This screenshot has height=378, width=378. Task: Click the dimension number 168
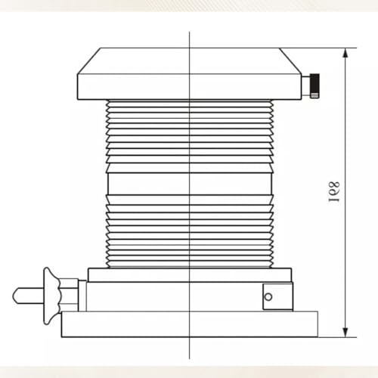click(x=335, y=191)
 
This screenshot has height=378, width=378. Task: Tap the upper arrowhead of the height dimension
click(x=345, y=54)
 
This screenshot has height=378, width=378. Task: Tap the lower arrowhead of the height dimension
click(x=345, y=331)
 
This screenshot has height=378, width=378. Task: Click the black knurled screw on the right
click(x=314, y=85)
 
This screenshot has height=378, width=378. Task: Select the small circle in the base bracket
click(x=268, y=296)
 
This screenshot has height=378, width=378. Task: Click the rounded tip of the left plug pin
click(x=14, y=296)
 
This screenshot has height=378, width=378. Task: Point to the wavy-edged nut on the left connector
click(x=51, y=296)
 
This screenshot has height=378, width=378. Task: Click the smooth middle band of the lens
click(x=190, y=184)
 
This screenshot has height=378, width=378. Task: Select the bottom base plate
click(x=190, y=324)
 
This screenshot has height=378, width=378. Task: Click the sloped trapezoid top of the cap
click(x=190, y=60)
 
